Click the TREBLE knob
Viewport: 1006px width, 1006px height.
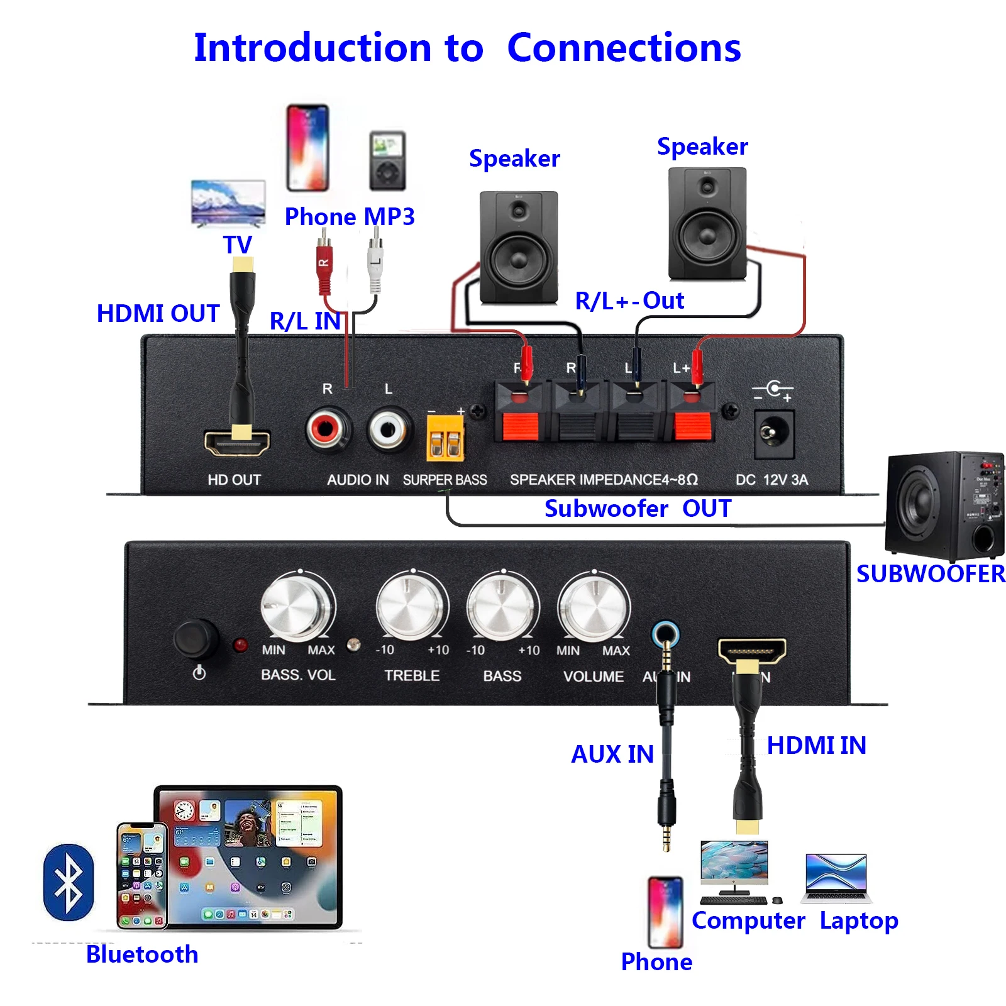(x=412, y=607)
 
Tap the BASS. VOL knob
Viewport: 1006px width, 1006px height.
(x=297, y=607)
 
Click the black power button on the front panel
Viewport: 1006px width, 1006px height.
(x=196, y=638)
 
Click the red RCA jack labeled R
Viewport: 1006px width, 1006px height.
(x=326, y=430)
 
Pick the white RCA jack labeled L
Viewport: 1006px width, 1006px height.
(x=388, y=430)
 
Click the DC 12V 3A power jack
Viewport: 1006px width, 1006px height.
(x=773, y=434)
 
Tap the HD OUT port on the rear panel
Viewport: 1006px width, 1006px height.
(x=237, y=444)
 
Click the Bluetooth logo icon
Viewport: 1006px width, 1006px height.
(x=69, y=882)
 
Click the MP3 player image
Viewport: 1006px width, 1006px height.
(x=387, y=161)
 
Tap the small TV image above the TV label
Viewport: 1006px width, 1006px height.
(x=228, y=203)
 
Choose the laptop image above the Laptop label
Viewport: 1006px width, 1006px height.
(x=836, y=878)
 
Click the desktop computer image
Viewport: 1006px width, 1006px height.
(x=734, y=868)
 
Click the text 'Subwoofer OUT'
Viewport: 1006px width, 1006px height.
(x=637, y=508)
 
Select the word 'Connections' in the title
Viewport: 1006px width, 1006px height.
(x=624, y=48)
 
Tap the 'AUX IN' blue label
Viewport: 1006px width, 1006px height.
(x=612, y=754)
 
